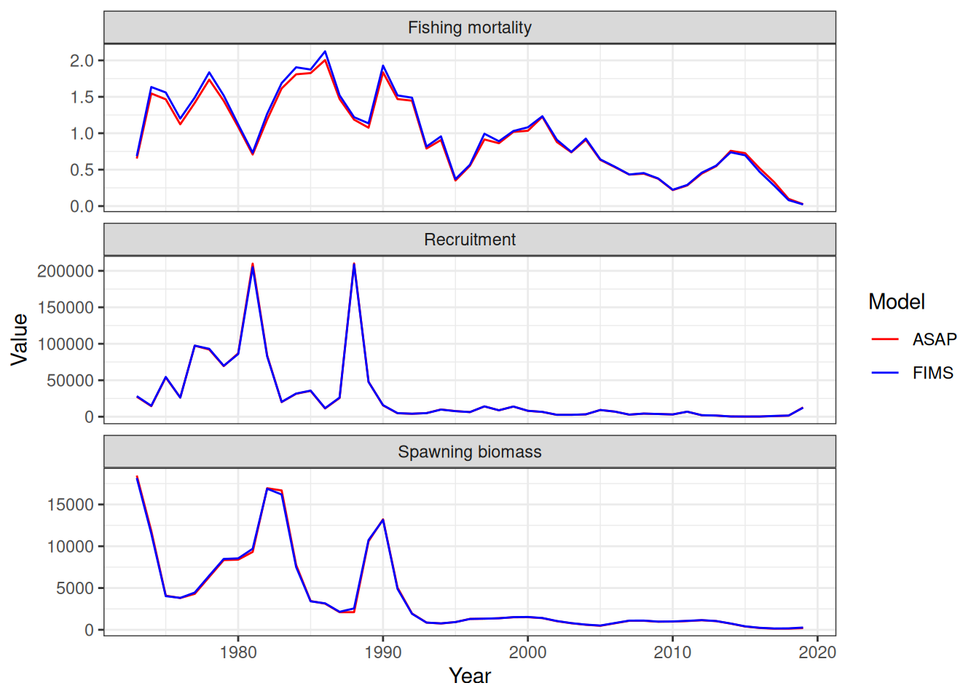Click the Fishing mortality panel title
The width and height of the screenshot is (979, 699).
coord(470,28)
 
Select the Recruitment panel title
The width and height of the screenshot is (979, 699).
coord(470,240)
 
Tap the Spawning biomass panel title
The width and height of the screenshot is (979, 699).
coord(470,452)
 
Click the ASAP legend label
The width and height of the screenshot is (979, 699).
coord(935,339)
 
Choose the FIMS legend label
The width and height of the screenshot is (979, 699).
coord(933,373)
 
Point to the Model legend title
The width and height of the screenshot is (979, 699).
coord(897,301)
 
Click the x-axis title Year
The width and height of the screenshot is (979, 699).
coord(470,676)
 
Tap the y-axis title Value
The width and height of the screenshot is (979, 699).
coord(20,339)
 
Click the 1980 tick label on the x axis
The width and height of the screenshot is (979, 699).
coord(238,652)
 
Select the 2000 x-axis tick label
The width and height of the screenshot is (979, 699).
coord(527,652)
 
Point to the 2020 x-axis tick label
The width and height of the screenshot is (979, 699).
coord(817,652)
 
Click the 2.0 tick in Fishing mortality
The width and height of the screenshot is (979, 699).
coord(82,60)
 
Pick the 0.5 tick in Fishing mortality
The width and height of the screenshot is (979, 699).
coord(82,170)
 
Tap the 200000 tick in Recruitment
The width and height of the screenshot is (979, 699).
coord(66,271)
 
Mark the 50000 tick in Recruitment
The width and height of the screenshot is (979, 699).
coord(70,380)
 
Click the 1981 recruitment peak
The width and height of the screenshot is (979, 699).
coord(253,264)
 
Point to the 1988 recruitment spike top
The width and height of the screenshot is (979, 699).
coord(354,264)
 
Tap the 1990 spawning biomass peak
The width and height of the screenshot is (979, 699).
coord(383,520)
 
